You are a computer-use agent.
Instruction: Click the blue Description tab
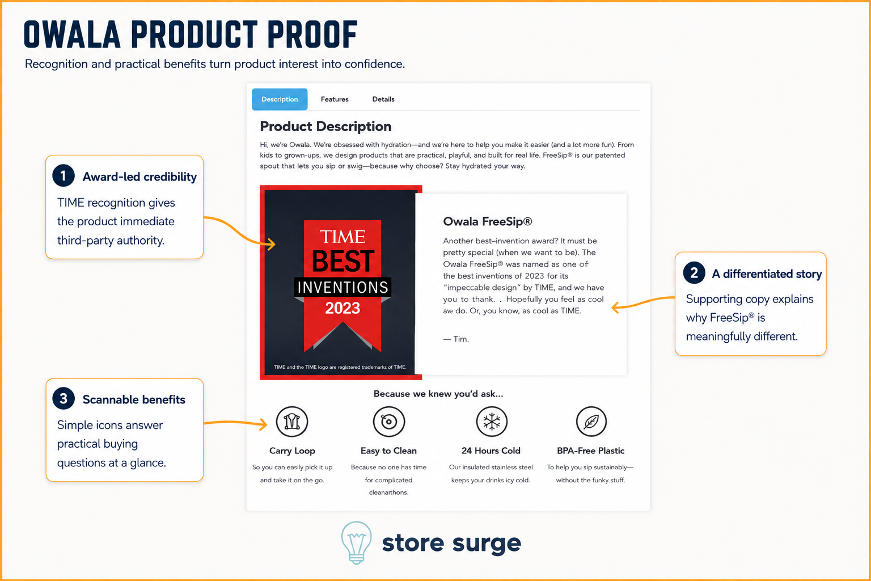pos(280,99)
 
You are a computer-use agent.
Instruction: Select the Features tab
pos(335,99)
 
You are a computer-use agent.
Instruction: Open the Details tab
pos(383,99)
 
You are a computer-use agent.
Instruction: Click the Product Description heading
pos(325,127)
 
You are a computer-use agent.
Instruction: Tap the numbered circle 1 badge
pos(64,175)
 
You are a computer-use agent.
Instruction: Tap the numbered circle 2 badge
pos(694,273)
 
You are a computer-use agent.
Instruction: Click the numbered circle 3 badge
pos(64,398)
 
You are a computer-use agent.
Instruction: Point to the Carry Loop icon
pos(292,422)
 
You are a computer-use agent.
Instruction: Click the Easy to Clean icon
pos(389,422)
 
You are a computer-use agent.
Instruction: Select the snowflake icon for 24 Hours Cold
pos(492,422)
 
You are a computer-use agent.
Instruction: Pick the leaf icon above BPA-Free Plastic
pos(591,422)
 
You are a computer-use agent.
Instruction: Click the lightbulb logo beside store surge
pos(356,542)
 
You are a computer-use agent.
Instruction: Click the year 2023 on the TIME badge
pos(343,308)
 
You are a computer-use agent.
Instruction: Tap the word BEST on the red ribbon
pos(343,261)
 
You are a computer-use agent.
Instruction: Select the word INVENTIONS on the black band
pos(343,287)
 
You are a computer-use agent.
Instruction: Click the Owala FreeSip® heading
pos(488,221)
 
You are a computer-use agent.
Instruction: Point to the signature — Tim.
pos(456,339)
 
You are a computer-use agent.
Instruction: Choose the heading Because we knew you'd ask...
pos(438,394)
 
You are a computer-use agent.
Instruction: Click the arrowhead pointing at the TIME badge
pos(272,244)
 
